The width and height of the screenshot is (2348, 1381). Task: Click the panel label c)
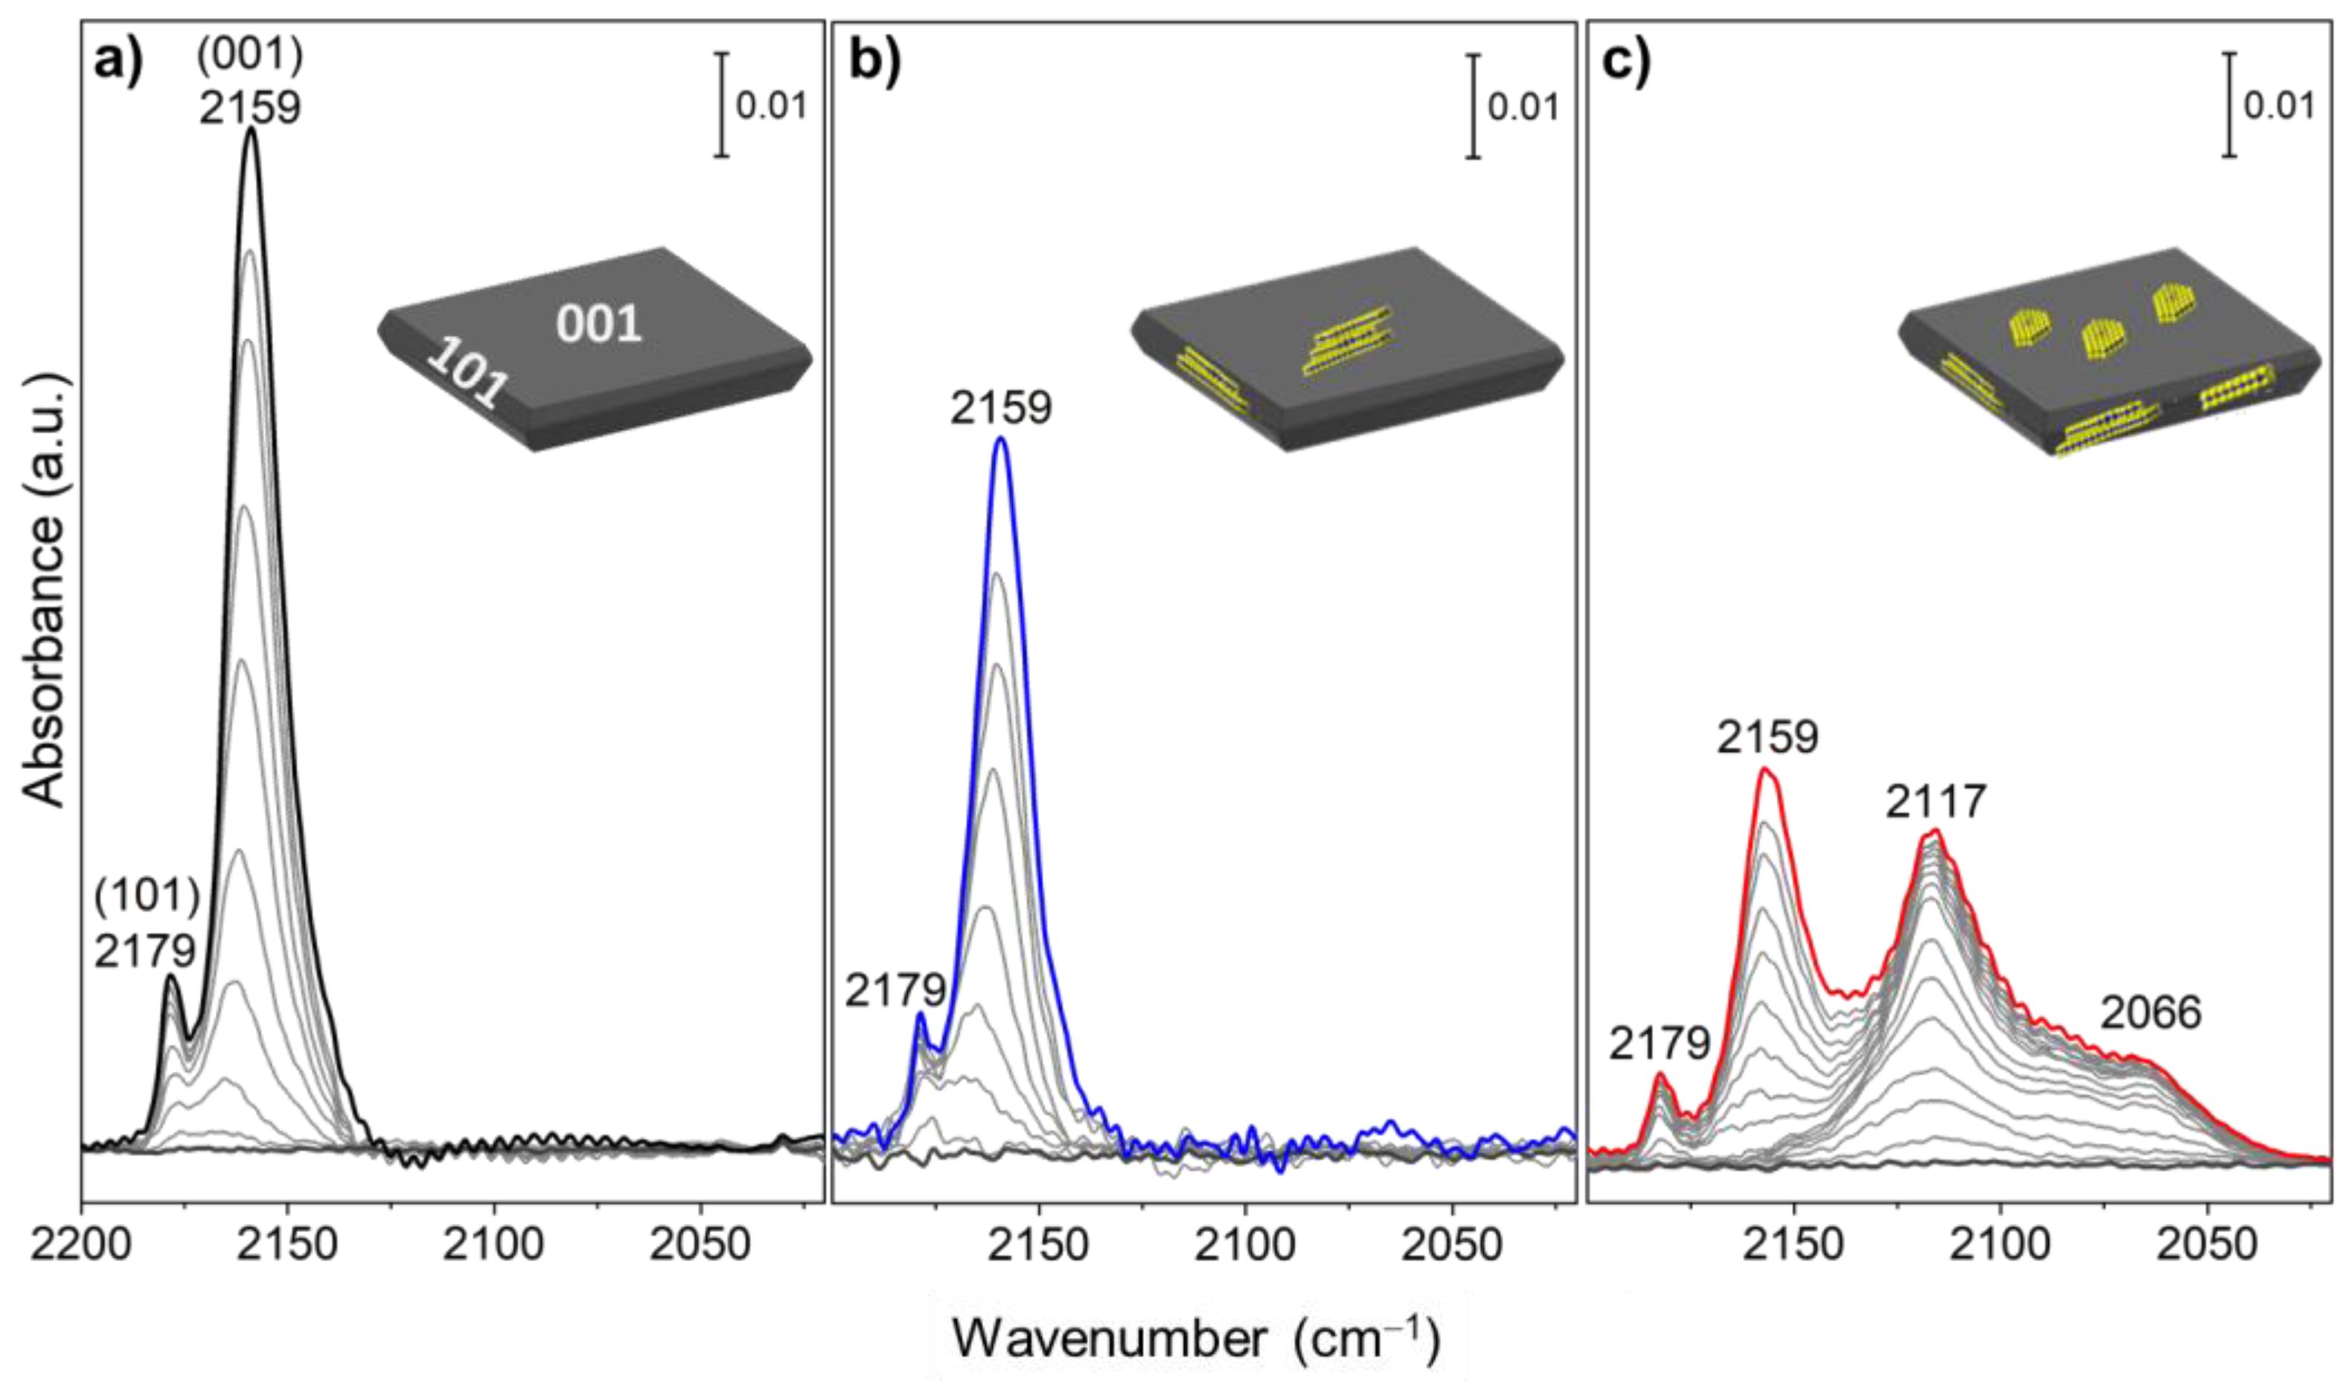coord(1626,66)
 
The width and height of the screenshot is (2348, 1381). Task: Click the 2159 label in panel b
coord(1001,408)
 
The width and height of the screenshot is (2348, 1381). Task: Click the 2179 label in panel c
coord(1660,1045)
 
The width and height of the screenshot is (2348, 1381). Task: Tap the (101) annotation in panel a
coord(147,897)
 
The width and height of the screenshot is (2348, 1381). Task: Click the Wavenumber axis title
coord(1197,1340)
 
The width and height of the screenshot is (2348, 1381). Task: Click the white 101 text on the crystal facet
coord(469,374)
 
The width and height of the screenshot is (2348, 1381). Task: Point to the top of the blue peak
coord(1001,440)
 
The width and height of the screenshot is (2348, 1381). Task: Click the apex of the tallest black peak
coord(251,130)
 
